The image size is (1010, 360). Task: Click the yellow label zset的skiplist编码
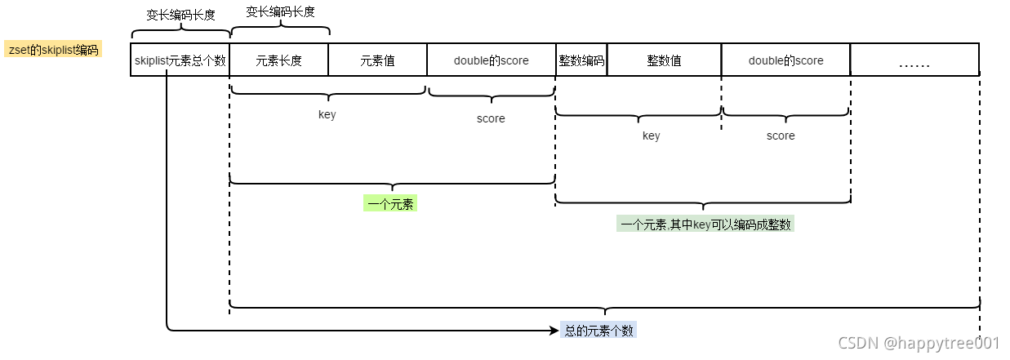point(53,50)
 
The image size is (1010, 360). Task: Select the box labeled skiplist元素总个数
point(180,60)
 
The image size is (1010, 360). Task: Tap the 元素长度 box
point(279,60)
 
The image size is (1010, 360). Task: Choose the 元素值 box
point(377,60)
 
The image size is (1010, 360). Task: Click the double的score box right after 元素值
point(491,60)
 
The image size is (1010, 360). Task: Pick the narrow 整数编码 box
point(581,60)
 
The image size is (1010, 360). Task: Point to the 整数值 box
point(664,60)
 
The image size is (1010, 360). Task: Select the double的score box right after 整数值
point(785,60)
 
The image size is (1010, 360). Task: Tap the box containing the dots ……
point(914,60)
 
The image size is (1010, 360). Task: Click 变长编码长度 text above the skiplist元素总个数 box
point(180,15)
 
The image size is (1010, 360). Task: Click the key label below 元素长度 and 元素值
point(327,114)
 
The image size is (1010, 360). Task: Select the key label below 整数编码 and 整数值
point(651,136)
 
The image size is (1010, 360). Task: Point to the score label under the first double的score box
point(491,118)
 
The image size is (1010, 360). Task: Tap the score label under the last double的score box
point(781,136)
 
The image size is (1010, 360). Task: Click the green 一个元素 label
point(390,204)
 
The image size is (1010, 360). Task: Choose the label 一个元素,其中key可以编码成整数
point(705,224)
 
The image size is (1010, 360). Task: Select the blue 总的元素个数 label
point(598,331)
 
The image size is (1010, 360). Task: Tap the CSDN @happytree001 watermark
point(919,344)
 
